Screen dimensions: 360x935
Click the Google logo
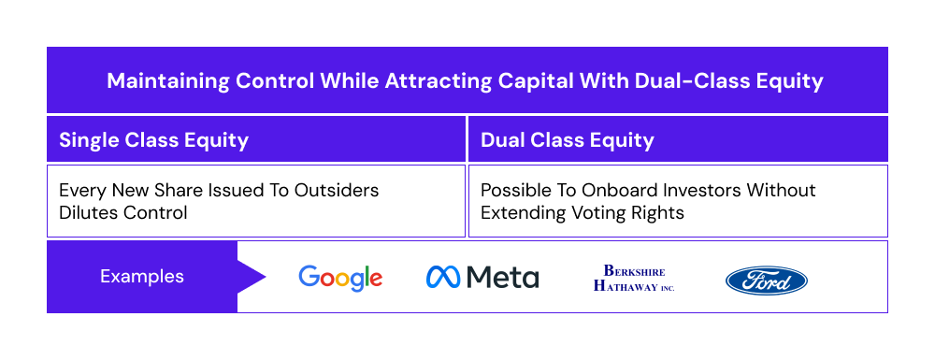340,277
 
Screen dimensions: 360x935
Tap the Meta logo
482,277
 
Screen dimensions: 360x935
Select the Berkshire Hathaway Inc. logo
634,279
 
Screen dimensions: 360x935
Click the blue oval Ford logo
767,280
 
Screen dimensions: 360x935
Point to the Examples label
142,277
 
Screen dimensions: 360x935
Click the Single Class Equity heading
153,140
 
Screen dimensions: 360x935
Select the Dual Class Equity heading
567,140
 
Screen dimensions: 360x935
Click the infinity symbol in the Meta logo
443,277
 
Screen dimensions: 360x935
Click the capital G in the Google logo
309,277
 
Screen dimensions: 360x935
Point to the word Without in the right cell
784,190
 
